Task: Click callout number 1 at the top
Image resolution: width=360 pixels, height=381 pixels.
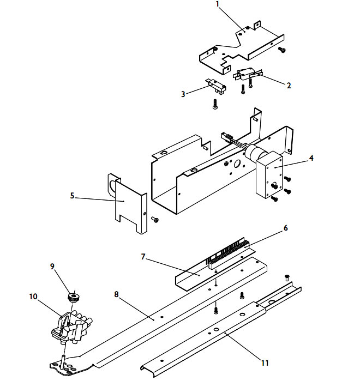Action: pos(217,4)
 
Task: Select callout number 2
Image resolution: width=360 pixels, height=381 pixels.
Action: pos(289,85)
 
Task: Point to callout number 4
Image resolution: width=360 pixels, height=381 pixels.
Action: pos(311,159)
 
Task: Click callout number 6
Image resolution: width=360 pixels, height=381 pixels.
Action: pos(285,229)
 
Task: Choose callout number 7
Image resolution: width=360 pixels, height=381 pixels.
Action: pos(143,256)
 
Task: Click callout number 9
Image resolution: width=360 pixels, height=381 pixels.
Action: pos(52,267)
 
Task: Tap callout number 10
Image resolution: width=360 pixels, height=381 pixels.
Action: pos(32,297)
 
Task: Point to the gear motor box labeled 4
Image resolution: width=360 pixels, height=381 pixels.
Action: pos(267,176)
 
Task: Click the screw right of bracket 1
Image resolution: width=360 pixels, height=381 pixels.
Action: pos(282,50)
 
